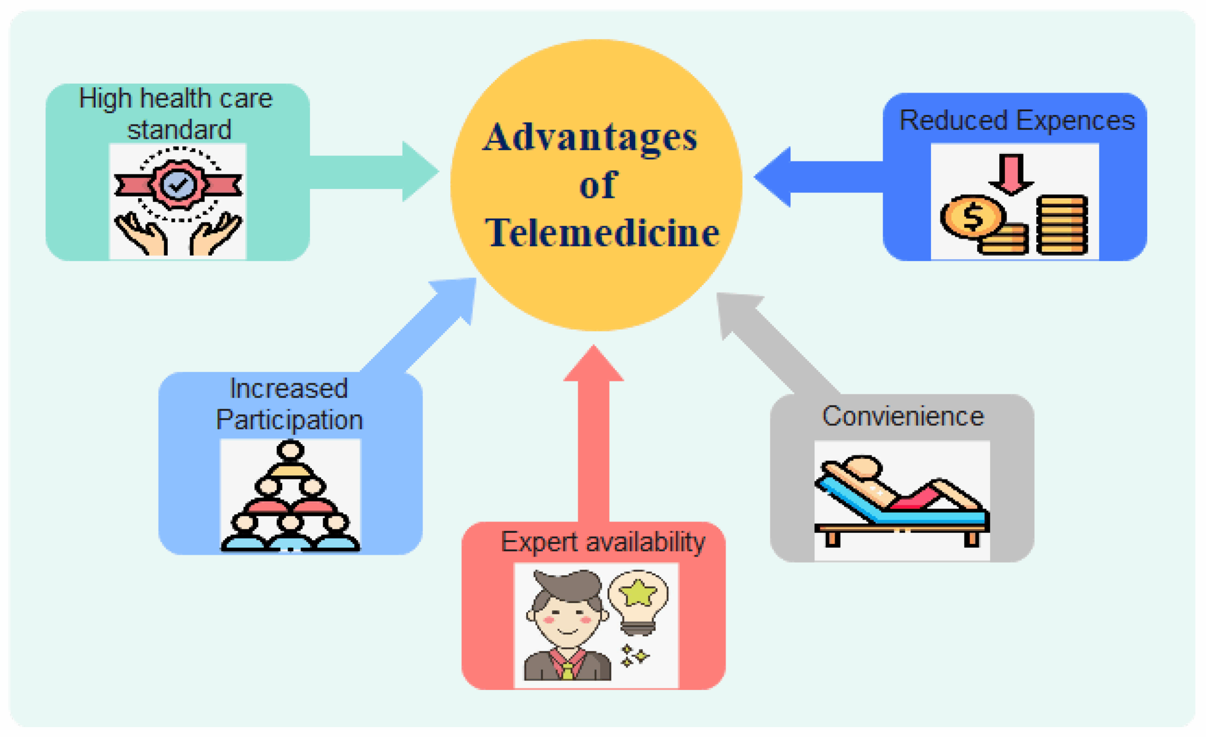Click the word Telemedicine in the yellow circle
point(602,232)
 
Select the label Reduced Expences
point(1017,121)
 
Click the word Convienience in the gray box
point(903,416)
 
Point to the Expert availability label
point(603,542)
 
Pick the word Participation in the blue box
point(289,420)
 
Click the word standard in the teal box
point(179,130)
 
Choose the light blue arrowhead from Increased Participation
point(457,296)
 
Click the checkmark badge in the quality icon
point(179,184)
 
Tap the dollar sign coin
point(972,216)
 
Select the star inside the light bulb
point(638,592)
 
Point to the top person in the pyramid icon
point(290,450)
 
